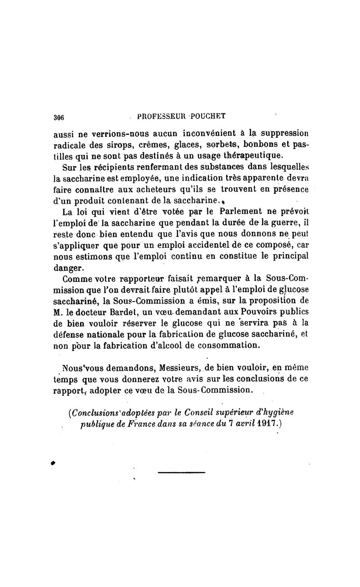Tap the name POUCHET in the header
pyautogui.click(x=207, y=115)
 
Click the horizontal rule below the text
pyautogui.click(x=181, y=472)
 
